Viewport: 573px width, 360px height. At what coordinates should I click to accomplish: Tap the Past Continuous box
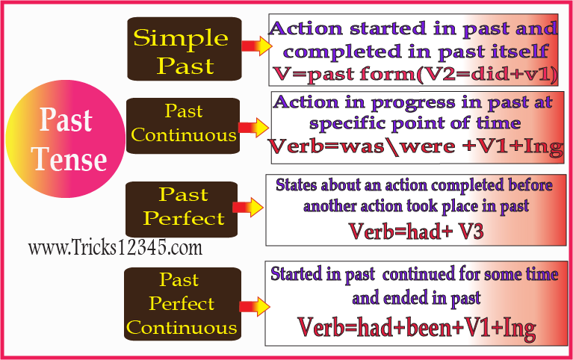pyautogui.click(x=183, y=124)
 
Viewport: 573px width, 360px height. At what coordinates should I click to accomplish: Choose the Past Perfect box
pyautogui.click(x=183, y=207)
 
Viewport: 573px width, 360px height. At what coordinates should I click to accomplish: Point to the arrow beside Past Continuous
pyautogui.click(x=253, y=126)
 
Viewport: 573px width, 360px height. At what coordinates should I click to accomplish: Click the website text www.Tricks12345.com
pyautogui.click(x=115, y=247)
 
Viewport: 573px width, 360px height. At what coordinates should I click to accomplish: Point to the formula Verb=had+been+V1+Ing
pyautogui.click(x=416, y=328)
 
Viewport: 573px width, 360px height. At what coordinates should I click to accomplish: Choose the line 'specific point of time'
pyautogui.click(x=415, y=122)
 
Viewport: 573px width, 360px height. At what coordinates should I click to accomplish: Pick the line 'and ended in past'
pyautogui.click(x=416, y=299)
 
